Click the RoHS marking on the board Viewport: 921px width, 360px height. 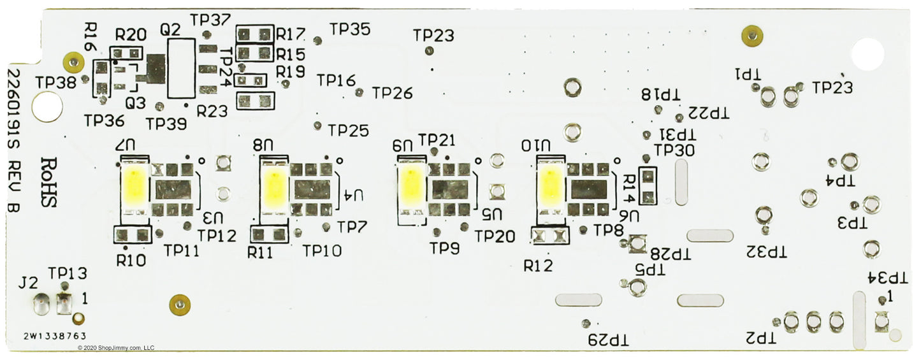point(50,183)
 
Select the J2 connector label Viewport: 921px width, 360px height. point(28,282)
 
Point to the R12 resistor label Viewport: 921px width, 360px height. point(538,265)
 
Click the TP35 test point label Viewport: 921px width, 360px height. point(350,29)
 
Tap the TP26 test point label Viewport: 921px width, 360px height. point(393,93)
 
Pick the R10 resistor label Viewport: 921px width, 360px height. point(131,259)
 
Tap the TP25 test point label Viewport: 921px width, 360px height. point(348,131)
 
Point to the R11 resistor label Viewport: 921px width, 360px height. point(261,252)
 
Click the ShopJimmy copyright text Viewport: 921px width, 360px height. point(116,348)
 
